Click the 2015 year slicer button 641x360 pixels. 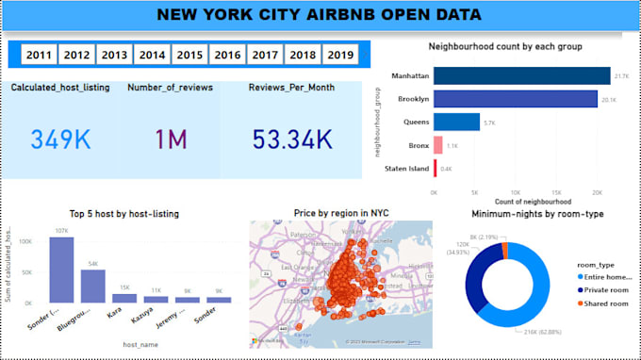click(189, 56)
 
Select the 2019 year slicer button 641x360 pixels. click(340, 56)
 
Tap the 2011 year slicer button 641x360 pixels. click(40, 56)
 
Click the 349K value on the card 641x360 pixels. click(61, 139)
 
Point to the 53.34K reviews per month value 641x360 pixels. click(292, 139)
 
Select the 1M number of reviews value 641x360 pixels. click(172, 139)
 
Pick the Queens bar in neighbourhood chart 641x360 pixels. click(456, 122)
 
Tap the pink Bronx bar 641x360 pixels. click(438, 145)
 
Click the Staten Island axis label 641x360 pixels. click(408, 169)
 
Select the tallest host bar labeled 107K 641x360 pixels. click(61, 269)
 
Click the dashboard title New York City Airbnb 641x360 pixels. click(319, 15)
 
